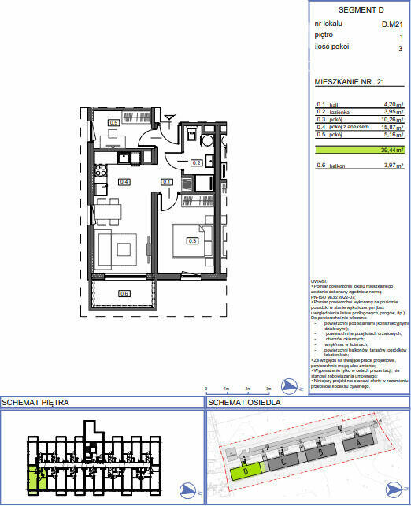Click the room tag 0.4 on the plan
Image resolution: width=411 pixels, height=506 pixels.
[124, 181]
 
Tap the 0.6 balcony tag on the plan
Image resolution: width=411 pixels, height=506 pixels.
[124, 293]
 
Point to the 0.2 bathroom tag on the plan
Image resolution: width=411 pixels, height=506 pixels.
[198, 163]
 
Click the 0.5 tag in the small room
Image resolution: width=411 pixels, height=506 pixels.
[113, 122]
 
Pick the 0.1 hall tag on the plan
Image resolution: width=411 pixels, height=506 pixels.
[167, 182]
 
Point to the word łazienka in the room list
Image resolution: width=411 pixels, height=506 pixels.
[339, 112]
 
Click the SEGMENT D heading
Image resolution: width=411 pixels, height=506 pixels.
[360, 9]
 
